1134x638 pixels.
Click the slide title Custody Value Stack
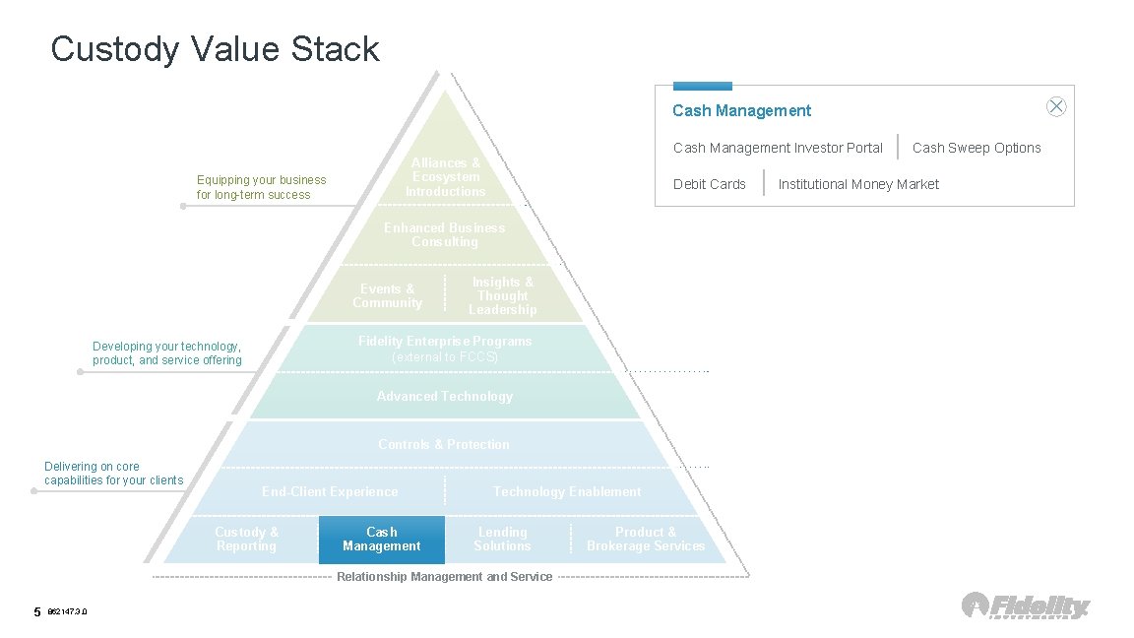(x=215, y=49)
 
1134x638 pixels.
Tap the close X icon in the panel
(x=1056, y=107)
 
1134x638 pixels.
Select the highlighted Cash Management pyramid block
(x=382, y=540)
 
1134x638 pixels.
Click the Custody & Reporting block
(x=247, y=540)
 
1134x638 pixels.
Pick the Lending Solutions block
(x=502, y=540)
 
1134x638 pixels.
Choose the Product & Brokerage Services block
(x=646, y=540)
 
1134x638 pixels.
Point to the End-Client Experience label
(x=330, y=492)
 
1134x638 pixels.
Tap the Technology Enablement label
(x=567, y=492)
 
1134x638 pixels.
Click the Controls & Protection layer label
(x=444, y=445)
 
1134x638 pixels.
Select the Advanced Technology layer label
(x=445, y=397)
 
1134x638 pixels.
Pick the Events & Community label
(x=388, y=296)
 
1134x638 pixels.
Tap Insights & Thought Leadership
(x=503, y=296)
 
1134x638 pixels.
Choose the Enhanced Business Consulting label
(x=445, y=235)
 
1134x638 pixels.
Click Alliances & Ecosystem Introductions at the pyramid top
(x=446, y=177)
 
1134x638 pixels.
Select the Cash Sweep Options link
(x=976, y=148)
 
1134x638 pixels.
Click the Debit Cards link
(x=710, y=184)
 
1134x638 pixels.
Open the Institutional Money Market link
(x=858, y=184)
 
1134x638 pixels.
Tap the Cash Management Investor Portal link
(x=778, y=148)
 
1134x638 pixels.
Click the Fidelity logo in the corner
(x=1026, y=606)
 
